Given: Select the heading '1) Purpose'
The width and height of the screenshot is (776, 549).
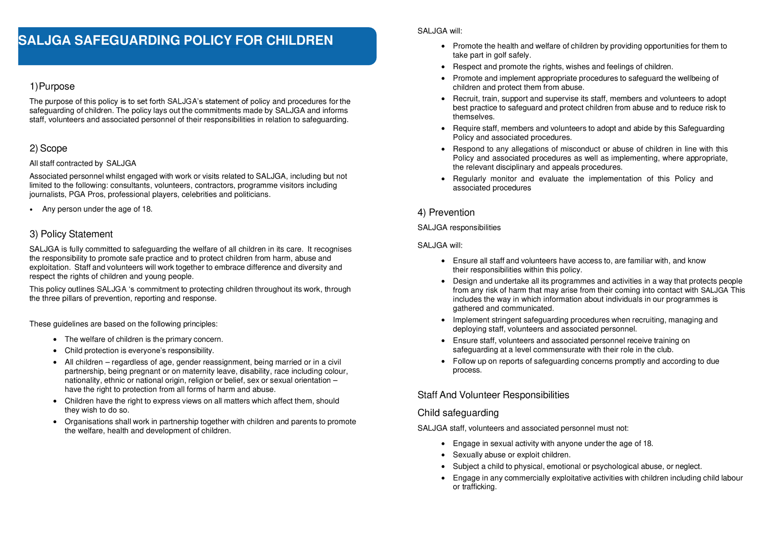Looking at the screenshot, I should tap(52, 86).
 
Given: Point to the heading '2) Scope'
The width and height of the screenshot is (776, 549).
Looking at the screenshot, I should tap(48, 148).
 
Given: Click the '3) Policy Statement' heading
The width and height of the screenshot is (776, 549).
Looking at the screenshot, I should tap(71, 234).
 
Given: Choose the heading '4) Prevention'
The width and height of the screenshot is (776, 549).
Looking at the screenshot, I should tap(446, 212).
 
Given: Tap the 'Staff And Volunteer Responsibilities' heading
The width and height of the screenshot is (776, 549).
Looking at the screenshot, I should tap(493, 395).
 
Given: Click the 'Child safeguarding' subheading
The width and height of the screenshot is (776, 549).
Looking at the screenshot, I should tap(458, 413).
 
